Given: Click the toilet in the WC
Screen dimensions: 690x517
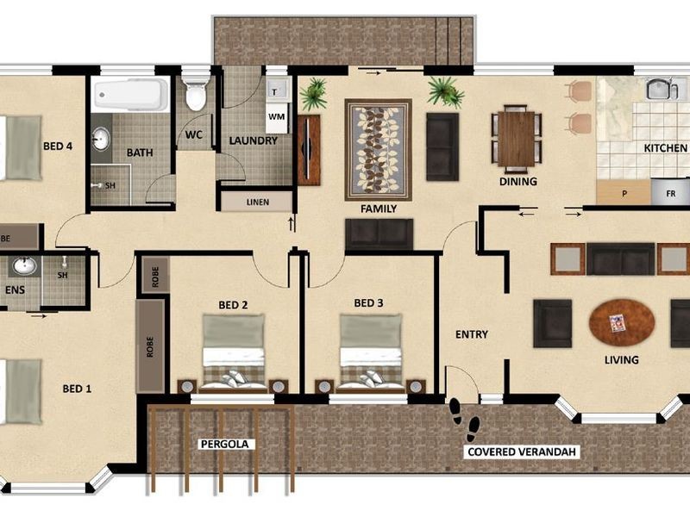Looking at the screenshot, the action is tap(196, 94).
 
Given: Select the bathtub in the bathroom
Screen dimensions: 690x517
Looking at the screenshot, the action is tap(131, 95).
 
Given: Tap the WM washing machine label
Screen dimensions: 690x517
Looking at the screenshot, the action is tap(276, 117).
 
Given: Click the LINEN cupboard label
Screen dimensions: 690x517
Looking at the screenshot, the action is tap(257, 202).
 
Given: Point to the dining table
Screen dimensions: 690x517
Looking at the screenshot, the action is tap(516, 139).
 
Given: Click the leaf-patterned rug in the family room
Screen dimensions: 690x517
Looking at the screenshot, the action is tap(378, 149).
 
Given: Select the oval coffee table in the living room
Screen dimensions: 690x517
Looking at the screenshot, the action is tap(621, 323).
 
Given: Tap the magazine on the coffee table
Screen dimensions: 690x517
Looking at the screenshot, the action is tap(617, 322).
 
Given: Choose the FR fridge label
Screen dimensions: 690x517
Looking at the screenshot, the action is tap(671, 193).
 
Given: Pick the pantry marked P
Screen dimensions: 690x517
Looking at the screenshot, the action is tap(624, 192).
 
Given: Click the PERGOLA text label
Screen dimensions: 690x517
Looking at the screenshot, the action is tap(224, 444).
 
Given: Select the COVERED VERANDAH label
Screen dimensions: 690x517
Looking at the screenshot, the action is tap(522, 452).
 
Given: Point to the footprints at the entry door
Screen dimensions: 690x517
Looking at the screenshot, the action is tap(464, 419).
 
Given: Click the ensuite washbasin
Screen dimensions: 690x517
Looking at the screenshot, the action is tap(25, 266).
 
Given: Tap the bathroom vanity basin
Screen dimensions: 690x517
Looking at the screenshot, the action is tap(101, 139).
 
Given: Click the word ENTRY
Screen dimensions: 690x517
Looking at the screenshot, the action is tap(471, 334).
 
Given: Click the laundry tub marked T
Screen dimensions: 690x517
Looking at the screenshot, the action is tap(277, 90).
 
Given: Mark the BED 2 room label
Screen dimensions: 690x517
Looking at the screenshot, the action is tap(233, 305).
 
